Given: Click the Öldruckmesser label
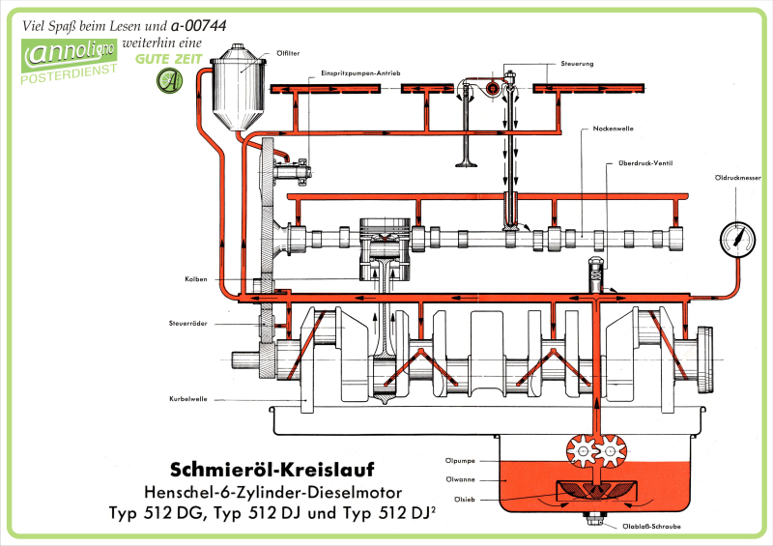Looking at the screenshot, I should click(737, 177).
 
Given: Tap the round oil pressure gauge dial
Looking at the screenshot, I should click(738, 237).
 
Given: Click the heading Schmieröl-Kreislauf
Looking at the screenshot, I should click(266, 470).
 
